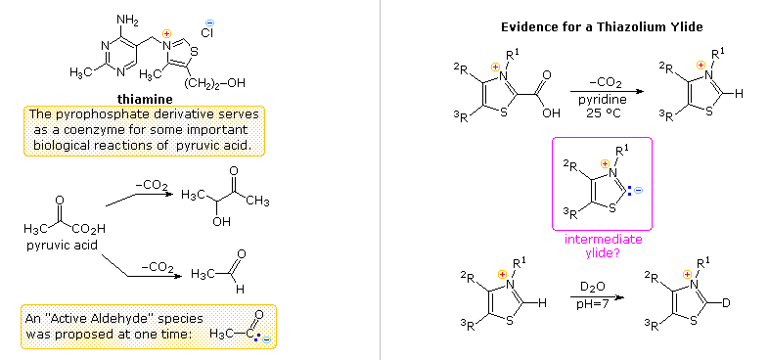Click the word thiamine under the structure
pos(146,99)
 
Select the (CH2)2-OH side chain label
pos(213,83)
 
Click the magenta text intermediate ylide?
pos(603,245)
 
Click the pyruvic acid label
pos(62,245)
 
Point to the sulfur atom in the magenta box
pos(611,206)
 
